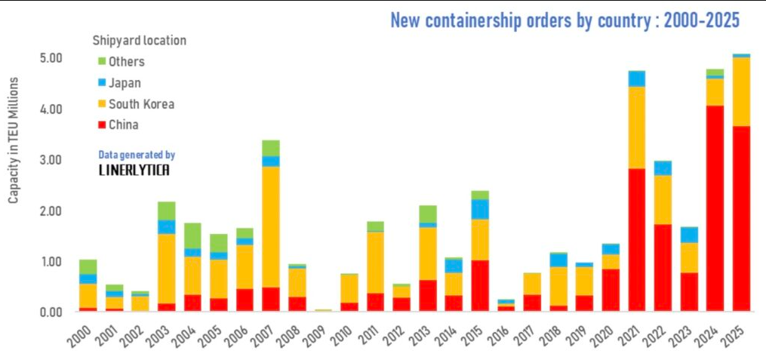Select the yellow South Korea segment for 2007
click(x=271, y=226)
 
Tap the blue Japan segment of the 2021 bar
click(x=637, y=78)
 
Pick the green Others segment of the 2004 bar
click(x=192, y=235)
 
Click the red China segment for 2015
click(x=480, y=285)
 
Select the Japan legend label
click(x=125, y=83)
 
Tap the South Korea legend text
click(x=141, y=104)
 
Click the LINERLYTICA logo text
click(x=134, y=171)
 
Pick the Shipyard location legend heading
click(x=139, y=40)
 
